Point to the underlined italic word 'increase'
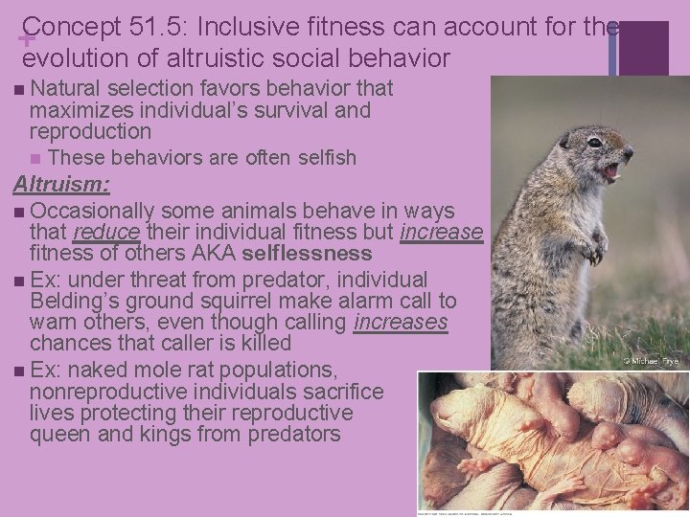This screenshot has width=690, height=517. coord(442,233)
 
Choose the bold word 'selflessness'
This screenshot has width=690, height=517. coord(307,254)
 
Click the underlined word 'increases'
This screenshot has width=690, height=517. coord(401,322)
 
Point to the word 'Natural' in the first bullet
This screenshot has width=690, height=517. coord(66,89)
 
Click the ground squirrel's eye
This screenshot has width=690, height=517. coord(595,143)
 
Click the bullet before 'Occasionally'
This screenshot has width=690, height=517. coord(20,211)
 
